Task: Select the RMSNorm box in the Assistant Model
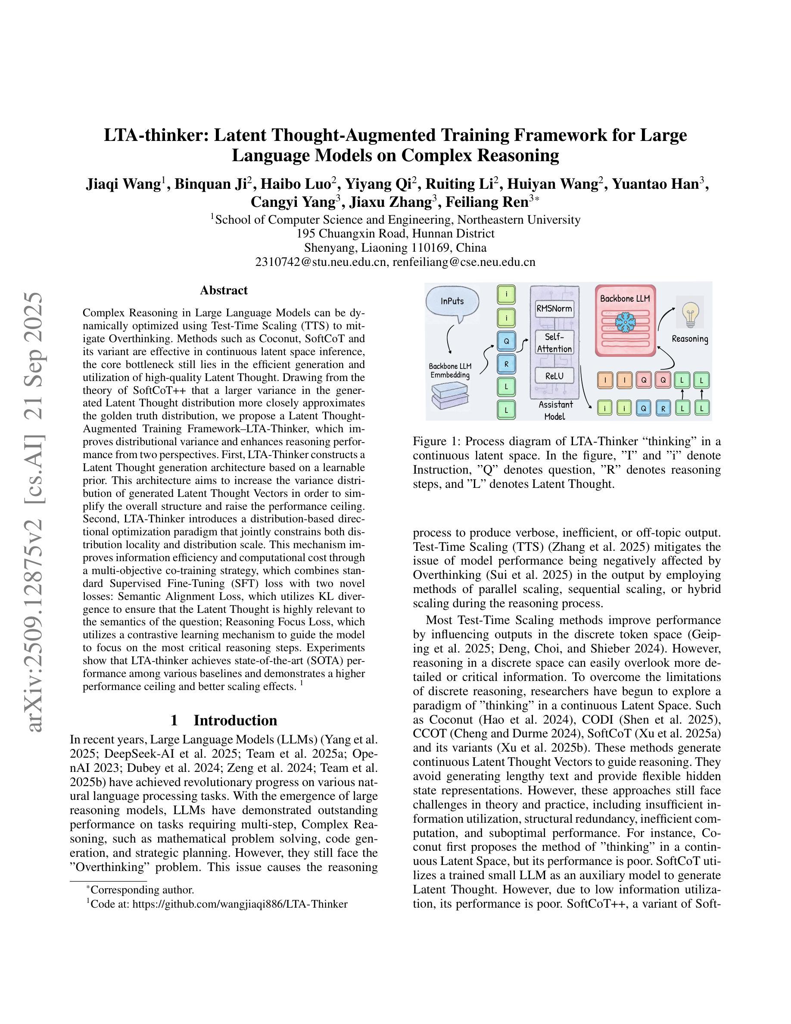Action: click(554, 309)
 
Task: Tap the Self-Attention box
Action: click(554, 343)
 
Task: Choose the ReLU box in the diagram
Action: click(554, 375)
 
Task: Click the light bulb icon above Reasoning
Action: click(689, 311)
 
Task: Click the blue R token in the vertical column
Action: click(506, 363)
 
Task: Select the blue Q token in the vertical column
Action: click(506, 340)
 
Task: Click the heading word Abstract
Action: click(224, 290)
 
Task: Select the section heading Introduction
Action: click(235, 720)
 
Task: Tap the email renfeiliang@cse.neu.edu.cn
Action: click(464, 262)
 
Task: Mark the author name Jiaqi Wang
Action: click(123, 184)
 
